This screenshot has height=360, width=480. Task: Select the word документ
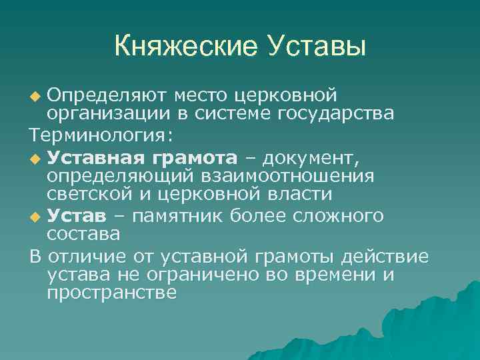[313, 158]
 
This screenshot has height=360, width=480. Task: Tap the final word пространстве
[112, 293]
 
